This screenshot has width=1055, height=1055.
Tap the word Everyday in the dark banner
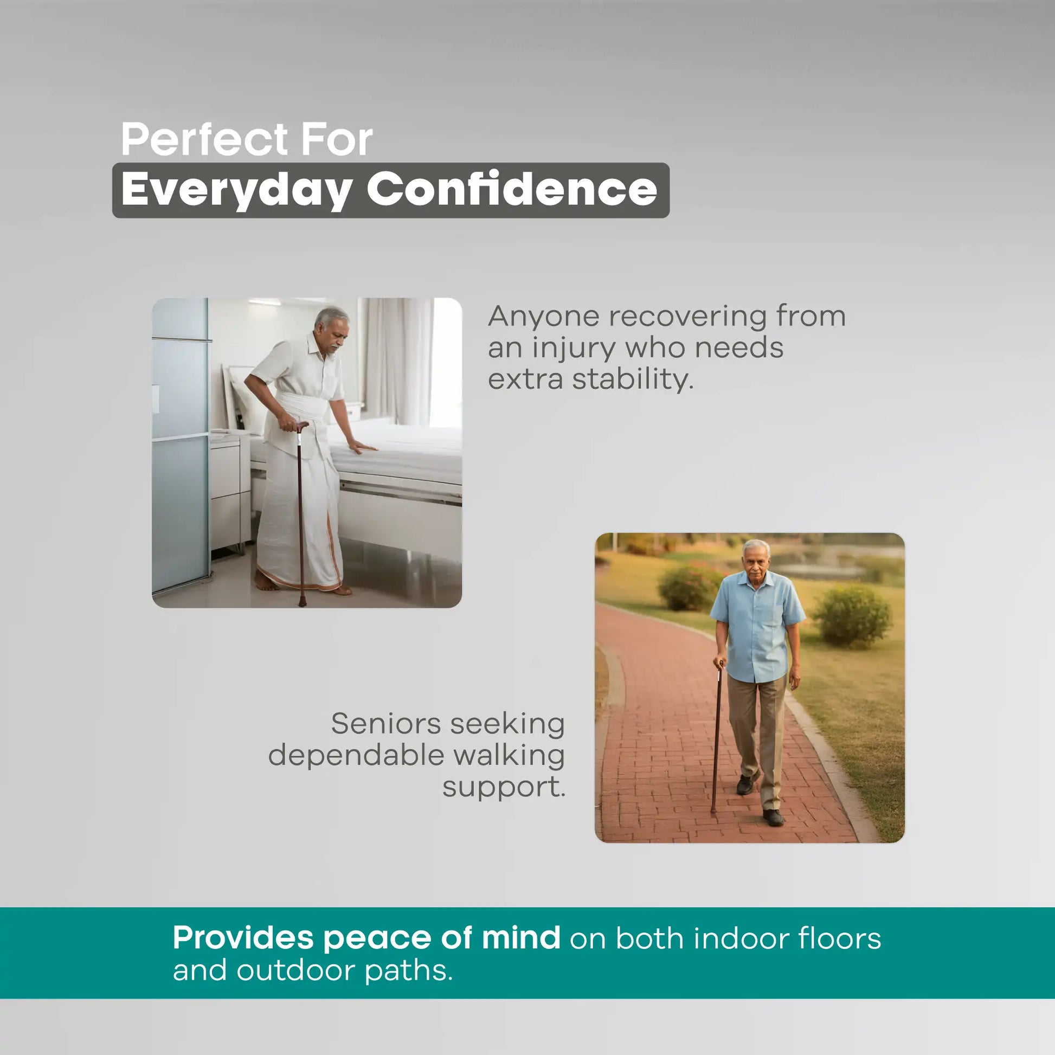(x=236, y=190)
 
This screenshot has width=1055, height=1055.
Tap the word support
(x=504, y=788)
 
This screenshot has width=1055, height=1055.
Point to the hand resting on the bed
(x=363, y=448)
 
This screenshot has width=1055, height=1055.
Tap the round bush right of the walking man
(x=852, y=615)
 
